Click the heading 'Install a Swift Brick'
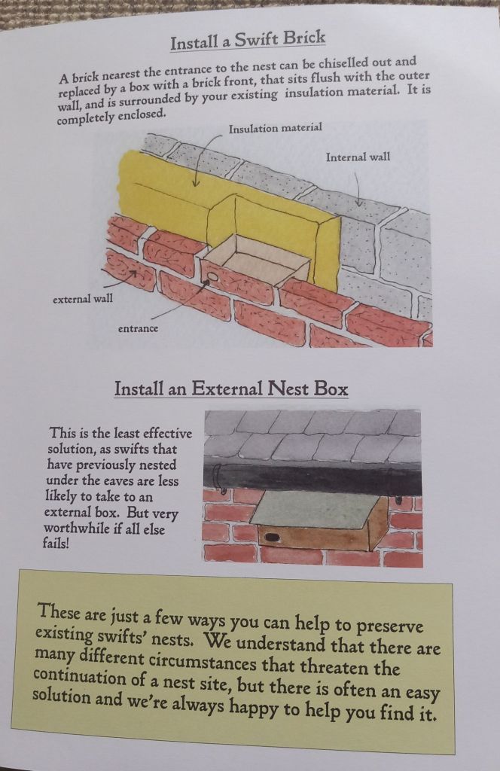(248, 39)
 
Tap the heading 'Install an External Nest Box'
(231, 389)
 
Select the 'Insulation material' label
(276, 128)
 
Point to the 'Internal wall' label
(358, 157)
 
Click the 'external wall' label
(83, 298)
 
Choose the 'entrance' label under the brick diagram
(138, 328)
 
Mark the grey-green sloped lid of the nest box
(315, 510)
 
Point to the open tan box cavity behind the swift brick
(256, 258)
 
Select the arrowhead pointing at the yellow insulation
(196, 182)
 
